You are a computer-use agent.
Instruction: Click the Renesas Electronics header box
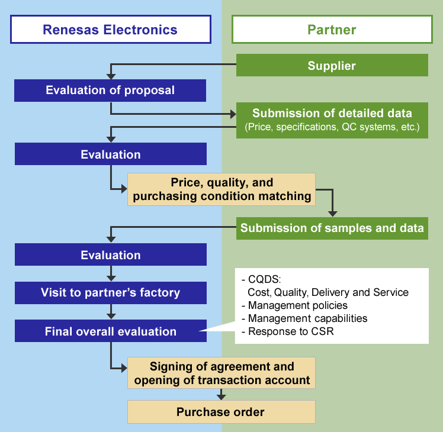(x=110, y=29)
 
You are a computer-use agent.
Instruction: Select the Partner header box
(x=332, y=29)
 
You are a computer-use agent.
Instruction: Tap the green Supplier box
(x=332, y=65)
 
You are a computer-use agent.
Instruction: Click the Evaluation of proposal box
(x=110, y=91)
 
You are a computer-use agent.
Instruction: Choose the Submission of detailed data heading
(x=332, y=114)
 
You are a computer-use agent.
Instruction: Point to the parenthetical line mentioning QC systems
(x=332, y=127)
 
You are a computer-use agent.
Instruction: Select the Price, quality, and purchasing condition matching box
(x=222, y=189)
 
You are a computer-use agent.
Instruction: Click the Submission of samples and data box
(x=332, y=228)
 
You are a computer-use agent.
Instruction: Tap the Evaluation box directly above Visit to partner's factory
(x=110, y=255)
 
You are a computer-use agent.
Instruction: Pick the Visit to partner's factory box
(x=110, y=292)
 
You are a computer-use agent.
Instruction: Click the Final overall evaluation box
(x=110, y=331)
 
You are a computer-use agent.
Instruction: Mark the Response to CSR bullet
(x=287, y=331)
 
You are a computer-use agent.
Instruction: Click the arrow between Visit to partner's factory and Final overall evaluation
(x=110, y=312)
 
